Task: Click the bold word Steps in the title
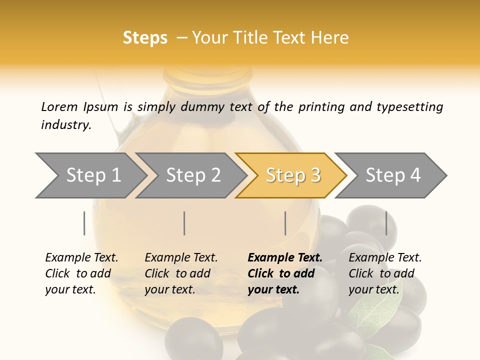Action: (145, 38)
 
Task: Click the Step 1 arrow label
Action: (93, 175)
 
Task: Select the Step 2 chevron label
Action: (193, 175)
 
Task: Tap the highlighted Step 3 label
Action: (293, 175)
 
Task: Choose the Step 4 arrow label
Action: (393, 175)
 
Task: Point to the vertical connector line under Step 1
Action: (84, 223)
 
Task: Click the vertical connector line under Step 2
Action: (184, 223)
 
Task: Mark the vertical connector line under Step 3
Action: (285, 223)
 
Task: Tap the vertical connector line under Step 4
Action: (386, 223)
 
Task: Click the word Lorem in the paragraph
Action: (59, 106)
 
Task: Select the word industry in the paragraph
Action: (65, 125)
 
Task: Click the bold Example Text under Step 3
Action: (285, 257)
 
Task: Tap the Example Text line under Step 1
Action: (81, 257)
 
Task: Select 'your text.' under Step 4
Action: (373, 289)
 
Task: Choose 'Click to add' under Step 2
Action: (177, 273)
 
